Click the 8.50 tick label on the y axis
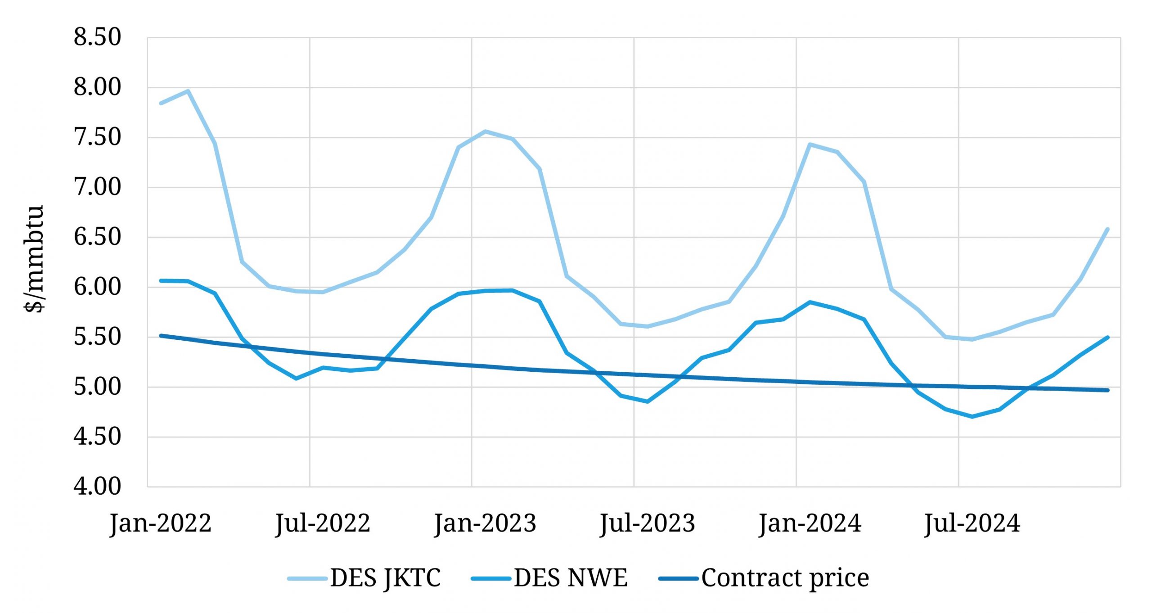[x=97, y=37]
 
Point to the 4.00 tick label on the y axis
[x=97, y=487]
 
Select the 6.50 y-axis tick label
[x=97, y=237]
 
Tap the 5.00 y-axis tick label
[x=97, y=387]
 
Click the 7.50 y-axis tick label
[x=97, y=137]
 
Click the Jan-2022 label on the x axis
[x=161, y=523]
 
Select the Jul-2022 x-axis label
[x=323, y=523]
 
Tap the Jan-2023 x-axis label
[x=485, y=523]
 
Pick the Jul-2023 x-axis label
[x=648, y=523]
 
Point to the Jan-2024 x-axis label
[x=810, y=523]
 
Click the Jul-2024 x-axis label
[x=972, y=523]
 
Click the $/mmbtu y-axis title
[x=34, y=259]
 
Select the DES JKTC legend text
[x=385, y=578]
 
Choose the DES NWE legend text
[x=571, y=578]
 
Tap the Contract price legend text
[x=785, y=578]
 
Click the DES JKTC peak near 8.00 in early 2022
[x=188, y=91]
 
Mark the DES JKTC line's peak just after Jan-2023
[x=485, y=131]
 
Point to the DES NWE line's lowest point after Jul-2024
[x=972, y=417]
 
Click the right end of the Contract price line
[x=1107, y=390]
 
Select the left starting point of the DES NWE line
[x=161, y=280]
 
